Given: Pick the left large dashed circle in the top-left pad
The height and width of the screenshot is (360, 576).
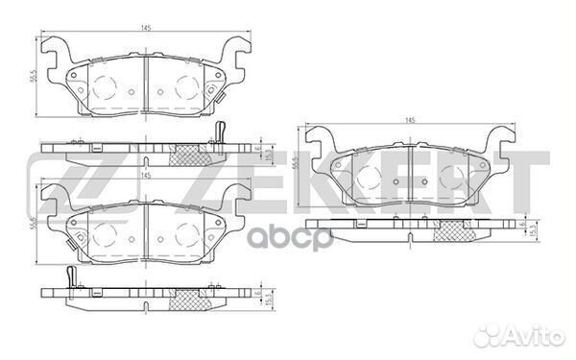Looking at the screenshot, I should click(x=103, y=87).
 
